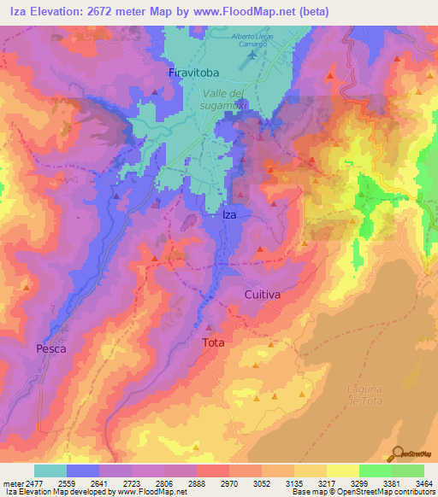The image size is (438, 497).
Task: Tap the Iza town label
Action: [229, 215]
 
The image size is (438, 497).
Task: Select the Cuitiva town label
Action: [263, 294]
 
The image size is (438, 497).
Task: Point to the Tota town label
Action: [213, 342]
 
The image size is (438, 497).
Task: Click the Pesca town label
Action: [50, 348]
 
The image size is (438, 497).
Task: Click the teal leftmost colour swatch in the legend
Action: [50, 471]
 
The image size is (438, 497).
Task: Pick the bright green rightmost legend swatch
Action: [408, 471]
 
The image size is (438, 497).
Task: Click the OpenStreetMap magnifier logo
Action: [396, 454]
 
